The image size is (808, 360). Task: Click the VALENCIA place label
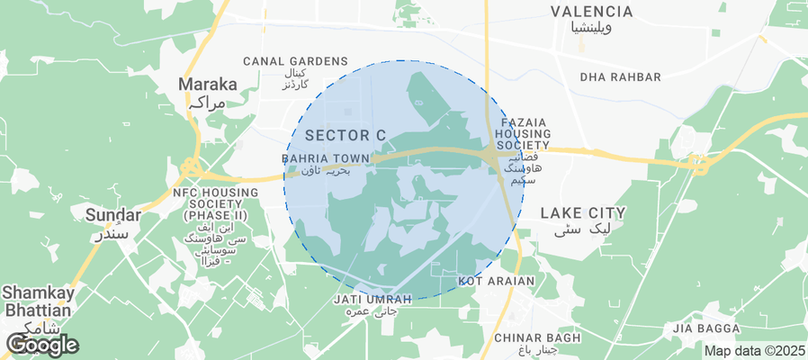point(591,12)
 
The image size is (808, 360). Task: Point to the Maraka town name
point(208,85)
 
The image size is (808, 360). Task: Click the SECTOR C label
point(346,135)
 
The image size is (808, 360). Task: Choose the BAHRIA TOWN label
point(326,158)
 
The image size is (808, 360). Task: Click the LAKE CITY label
point(582,213)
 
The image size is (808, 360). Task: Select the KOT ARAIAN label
point(497,281)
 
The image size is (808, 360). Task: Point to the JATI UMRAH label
point(372,299)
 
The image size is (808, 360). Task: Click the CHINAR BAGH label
point(538,337)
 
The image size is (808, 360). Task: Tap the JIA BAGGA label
point(705,329)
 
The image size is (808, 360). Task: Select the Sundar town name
point(112,215)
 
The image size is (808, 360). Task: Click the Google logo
point(42,344)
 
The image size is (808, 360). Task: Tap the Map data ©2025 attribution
point(754,351)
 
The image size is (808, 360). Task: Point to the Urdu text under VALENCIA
point(591,29)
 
